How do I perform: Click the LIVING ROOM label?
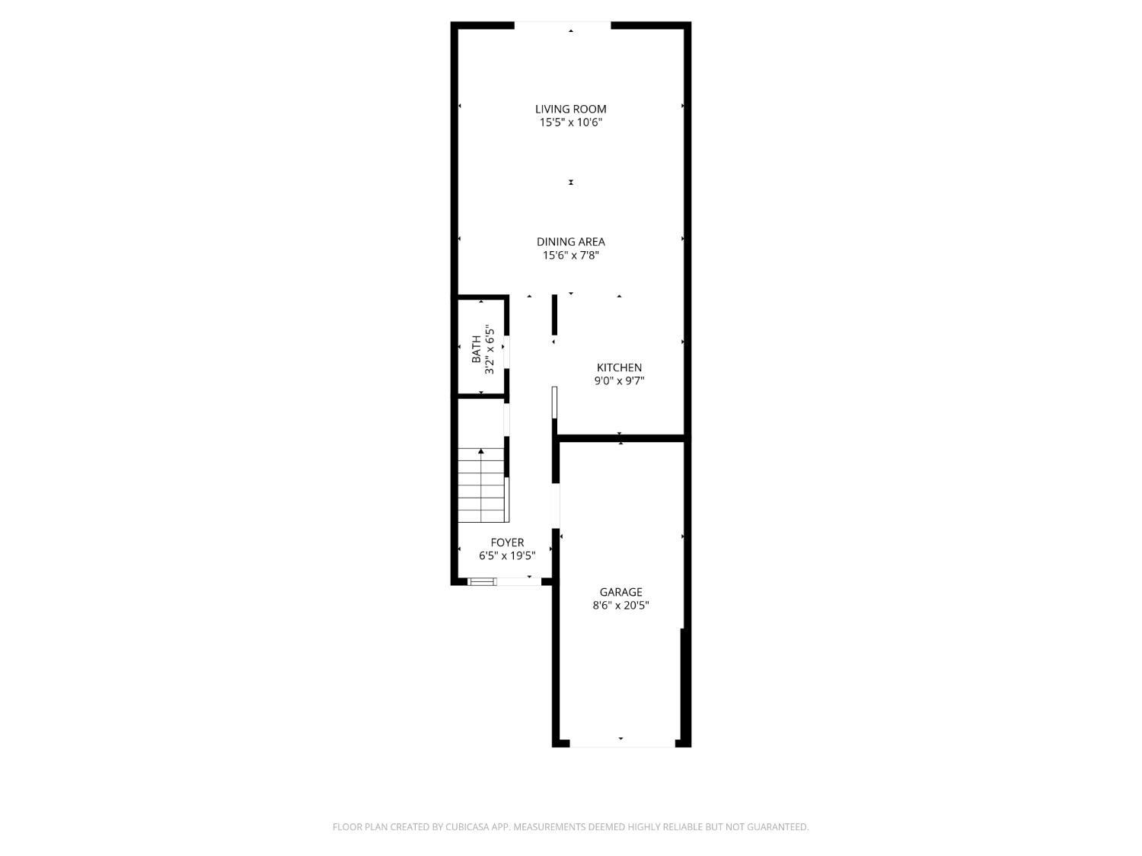[x=570, y=109]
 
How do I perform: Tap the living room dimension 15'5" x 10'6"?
[x=571, y=123]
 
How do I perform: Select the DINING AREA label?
[x=570, y=242]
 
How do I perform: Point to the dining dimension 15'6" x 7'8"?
[x=571, y=256]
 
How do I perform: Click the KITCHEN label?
[x=619, y=368]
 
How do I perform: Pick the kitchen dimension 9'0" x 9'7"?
[x=619, y=381]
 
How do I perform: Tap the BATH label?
[x=477, y=349]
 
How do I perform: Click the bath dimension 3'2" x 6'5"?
[x=490, y=349]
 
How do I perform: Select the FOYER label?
[x=507, y=543]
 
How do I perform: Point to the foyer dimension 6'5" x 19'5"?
[x=507, y=556]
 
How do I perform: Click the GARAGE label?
[x=620, y=592]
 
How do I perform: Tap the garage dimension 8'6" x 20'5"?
[x=620, y=606]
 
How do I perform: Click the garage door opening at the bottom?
[x=621, y=743]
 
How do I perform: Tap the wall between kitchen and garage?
[x=621, y=438]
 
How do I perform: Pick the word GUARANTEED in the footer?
[x=781, y=827]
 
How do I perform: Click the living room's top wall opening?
[x=563, y=25]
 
